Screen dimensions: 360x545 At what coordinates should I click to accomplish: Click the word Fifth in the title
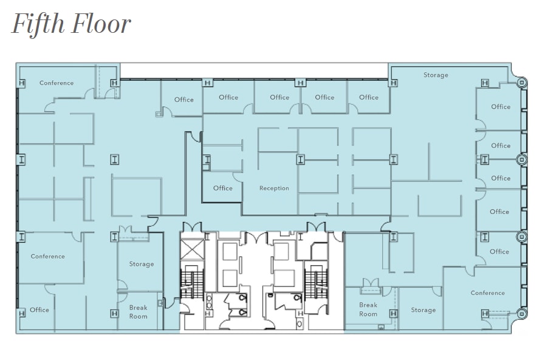[x=38, y=24]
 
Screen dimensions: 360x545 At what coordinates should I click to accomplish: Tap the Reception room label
[x=274, y=189]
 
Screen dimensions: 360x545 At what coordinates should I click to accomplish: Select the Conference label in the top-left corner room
[x=57, y=83]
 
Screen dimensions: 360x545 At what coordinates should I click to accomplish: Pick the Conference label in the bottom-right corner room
[x=487, y=293]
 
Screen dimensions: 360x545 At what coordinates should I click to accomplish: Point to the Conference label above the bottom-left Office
[x=47, y=257]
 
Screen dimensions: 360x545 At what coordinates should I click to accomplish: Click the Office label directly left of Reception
[x=222, y=189]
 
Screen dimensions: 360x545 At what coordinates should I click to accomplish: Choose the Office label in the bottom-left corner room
[x=39, y=310]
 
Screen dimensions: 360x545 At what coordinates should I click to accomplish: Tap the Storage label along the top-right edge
[x=436, y=75]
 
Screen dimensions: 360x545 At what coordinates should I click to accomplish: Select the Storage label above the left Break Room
[x=141, y=265]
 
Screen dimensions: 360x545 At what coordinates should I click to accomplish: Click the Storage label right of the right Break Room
[x=423, y=310]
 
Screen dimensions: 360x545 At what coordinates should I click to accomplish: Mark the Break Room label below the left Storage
[x=138, y=312]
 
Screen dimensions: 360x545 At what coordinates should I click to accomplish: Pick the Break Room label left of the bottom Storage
[x=368, y=310]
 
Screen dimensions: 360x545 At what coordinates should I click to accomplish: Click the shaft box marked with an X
[x=192, y=249]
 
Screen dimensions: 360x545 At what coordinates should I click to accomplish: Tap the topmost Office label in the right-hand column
[x=501, y=107]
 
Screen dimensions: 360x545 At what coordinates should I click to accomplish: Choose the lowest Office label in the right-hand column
[x=499, y=252]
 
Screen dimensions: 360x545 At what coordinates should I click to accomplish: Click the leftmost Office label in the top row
[x=184, y=100]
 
